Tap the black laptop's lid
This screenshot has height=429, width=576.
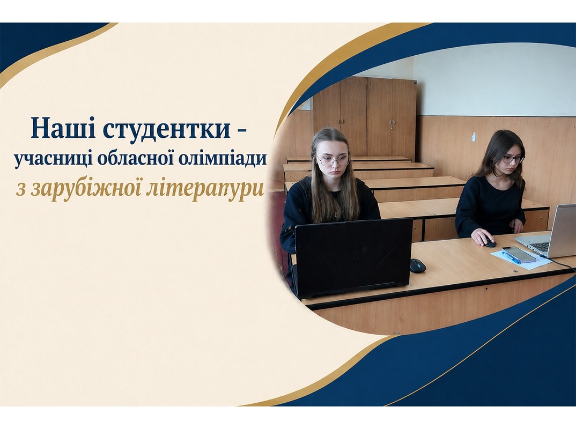(x=353, y=256)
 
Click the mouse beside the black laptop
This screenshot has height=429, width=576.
(x=418, y=265)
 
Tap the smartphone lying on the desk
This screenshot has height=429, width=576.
(x=519, y=254)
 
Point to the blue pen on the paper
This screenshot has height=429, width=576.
(x=511, y=258)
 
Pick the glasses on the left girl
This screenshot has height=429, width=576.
(x=334, y=160)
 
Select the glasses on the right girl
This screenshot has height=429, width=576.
(x=514, y=159)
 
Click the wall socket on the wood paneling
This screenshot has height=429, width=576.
(x=474, y=137)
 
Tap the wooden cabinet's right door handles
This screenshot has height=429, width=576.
(x=392, y=124)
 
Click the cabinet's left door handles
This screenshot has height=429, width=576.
(x=341, y=122)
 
